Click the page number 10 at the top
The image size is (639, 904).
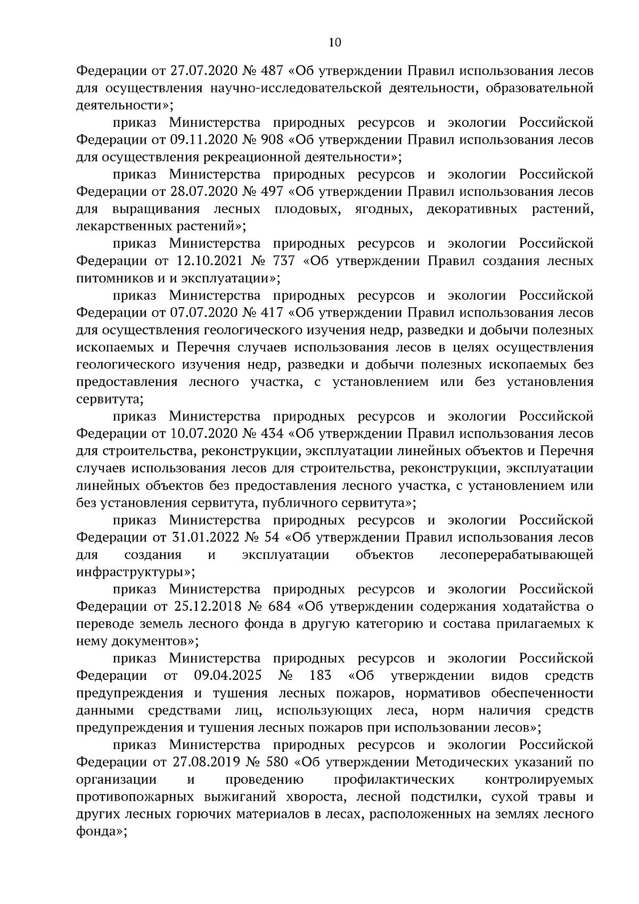[335, 43]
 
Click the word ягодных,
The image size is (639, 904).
[383, 209]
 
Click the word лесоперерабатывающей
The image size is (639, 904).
[517, 555]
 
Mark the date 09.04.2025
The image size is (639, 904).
[227, 676]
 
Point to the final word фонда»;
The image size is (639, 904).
[101, 831]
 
